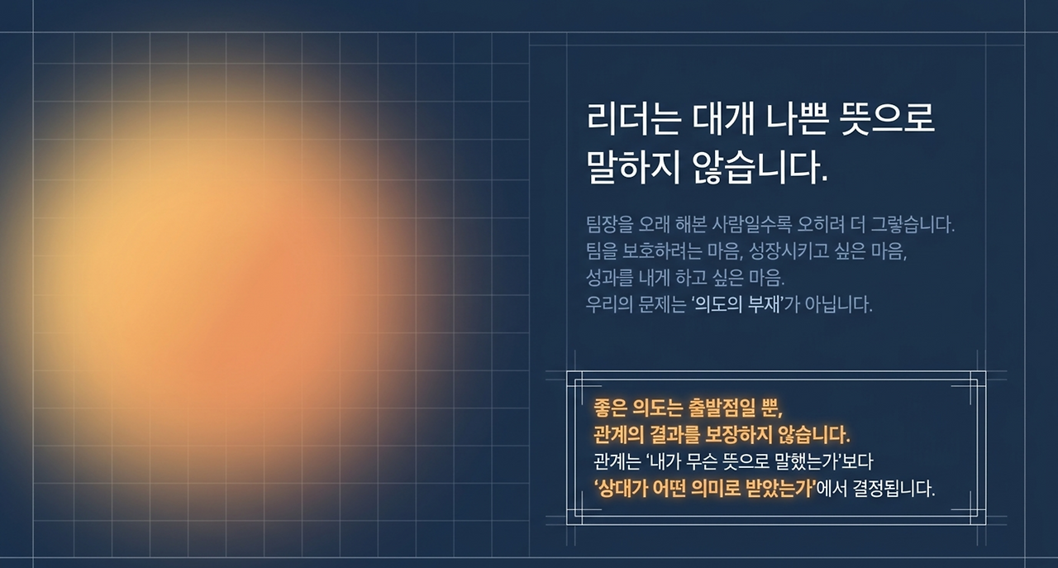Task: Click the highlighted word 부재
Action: coord(761,304)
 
